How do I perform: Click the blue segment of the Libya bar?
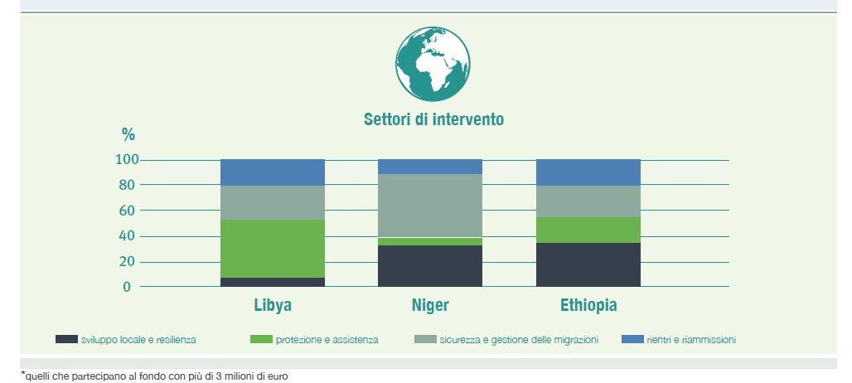272,172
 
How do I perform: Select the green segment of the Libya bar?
272,249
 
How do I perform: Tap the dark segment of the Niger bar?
430,265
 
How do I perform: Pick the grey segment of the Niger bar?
430,206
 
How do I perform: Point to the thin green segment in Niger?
430,242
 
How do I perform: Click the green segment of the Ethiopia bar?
588,230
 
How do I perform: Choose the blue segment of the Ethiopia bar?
588,172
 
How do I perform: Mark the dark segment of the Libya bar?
272,282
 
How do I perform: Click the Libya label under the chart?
273,305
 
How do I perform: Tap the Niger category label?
430,305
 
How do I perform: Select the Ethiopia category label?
588,305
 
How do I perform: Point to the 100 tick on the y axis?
128,160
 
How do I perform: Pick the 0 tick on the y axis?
127,287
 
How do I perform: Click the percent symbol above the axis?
128,133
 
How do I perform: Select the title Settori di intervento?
433,119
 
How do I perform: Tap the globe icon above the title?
433,64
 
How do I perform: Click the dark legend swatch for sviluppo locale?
66,340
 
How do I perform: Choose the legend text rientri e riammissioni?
691,340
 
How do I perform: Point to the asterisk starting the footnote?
23,374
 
